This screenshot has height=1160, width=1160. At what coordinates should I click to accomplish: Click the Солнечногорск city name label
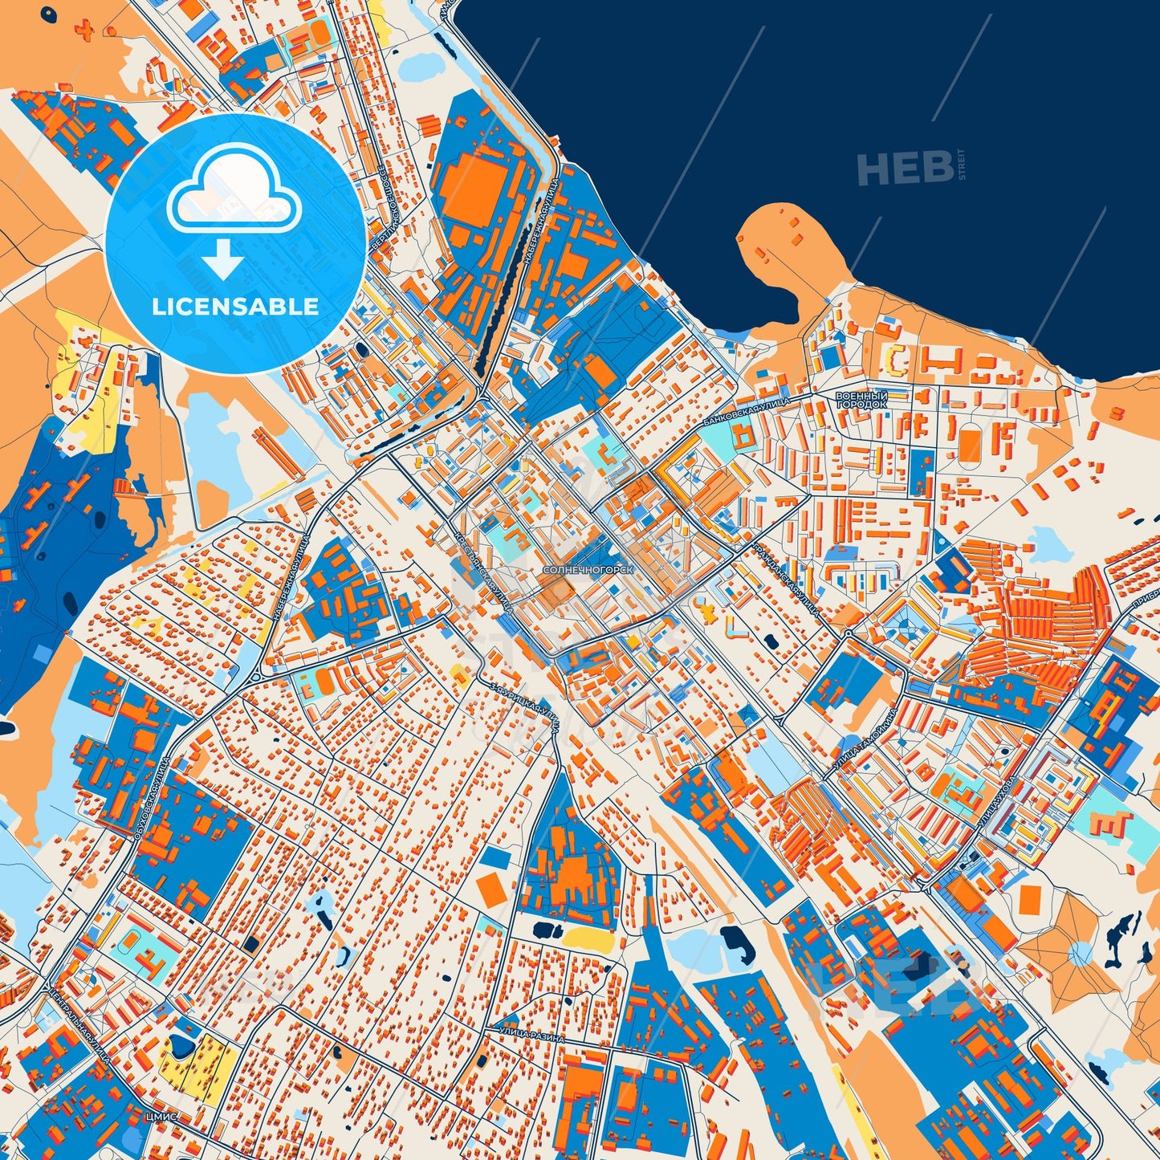[x=588, y=569]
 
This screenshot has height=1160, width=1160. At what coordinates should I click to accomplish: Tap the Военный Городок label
[x=861, y=401]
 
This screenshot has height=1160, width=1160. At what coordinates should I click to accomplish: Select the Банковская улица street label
[x=746, y=411]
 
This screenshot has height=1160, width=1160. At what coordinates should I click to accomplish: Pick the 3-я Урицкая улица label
[x=527, y=706]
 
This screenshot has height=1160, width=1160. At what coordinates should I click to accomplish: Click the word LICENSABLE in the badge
[x=236, y=306]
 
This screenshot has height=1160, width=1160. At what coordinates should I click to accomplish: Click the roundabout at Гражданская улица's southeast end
[x=849, y=633]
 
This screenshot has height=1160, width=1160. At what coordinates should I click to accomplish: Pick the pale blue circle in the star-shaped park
[x=1081, y=953]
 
